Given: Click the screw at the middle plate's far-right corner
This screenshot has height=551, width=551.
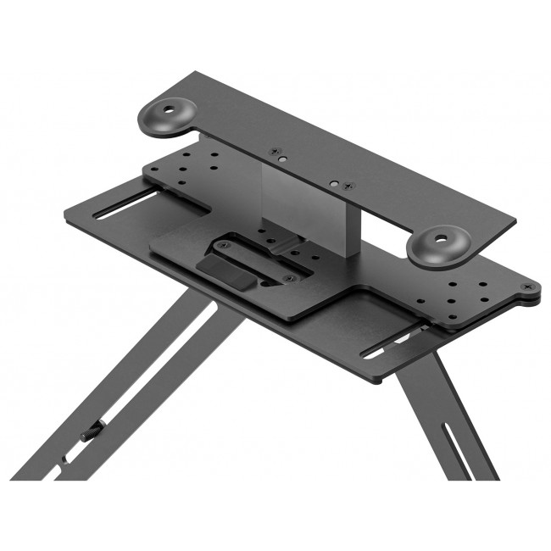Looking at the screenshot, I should click(x=532, y=287).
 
